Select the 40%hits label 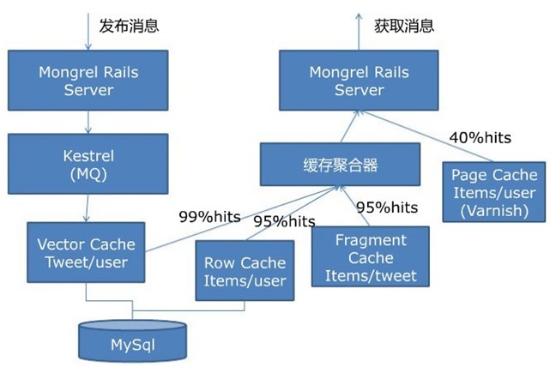tap(479, 137)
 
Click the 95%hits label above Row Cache tap(284, 222)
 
